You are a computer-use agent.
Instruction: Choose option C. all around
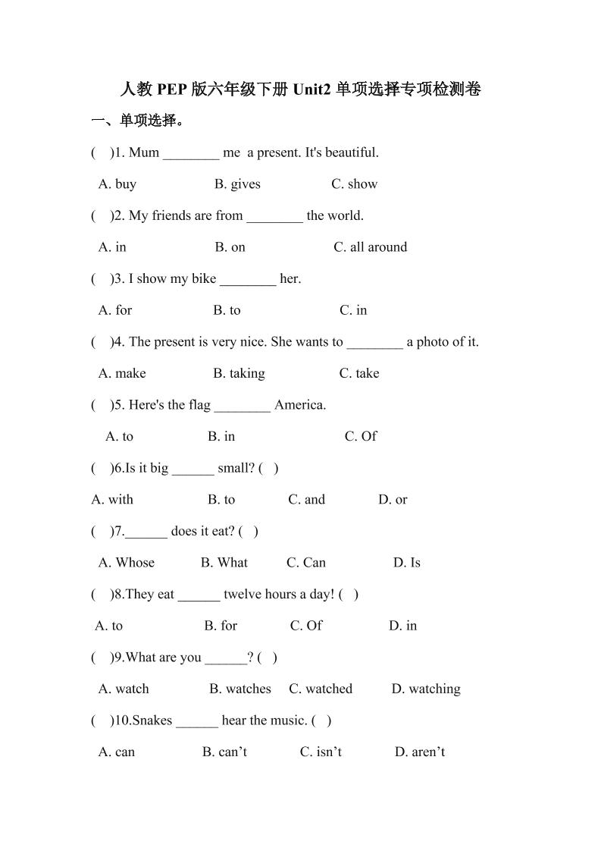370,247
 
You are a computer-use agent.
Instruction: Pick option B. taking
239,373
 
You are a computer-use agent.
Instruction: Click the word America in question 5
300,404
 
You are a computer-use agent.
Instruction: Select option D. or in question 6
393,499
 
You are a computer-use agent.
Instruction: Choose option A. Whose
127,562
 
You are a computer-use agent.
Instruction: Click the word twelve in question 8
243,594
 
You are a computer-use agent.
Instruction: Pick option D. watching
426,689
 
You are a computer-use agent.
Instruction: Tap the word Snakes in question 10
152,720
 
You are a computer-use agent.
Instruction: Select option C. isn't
321,752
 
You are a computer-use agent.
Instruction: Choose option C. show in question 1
354,184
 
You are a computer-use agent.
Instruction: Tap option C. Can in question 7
306,562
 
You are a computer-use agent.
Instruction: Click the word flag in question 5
199,404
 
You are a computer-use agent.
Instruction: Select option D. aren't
419,752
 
